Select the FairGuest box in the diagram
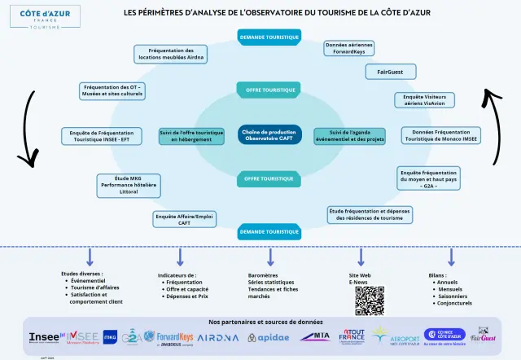point(391,72)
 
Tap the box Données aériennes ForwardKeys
point(349,48)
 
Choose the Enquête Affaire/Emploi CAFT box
point(184,218)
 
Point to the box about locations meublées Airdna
point(172,55)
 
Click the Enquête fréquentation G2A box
point(429,178)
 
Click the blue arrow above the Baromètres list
point(269,257)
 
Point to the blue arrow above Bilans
point(452,257)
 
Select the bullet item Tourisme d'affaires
point(94,288)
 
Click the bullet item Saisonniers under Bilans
point(454,296)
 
